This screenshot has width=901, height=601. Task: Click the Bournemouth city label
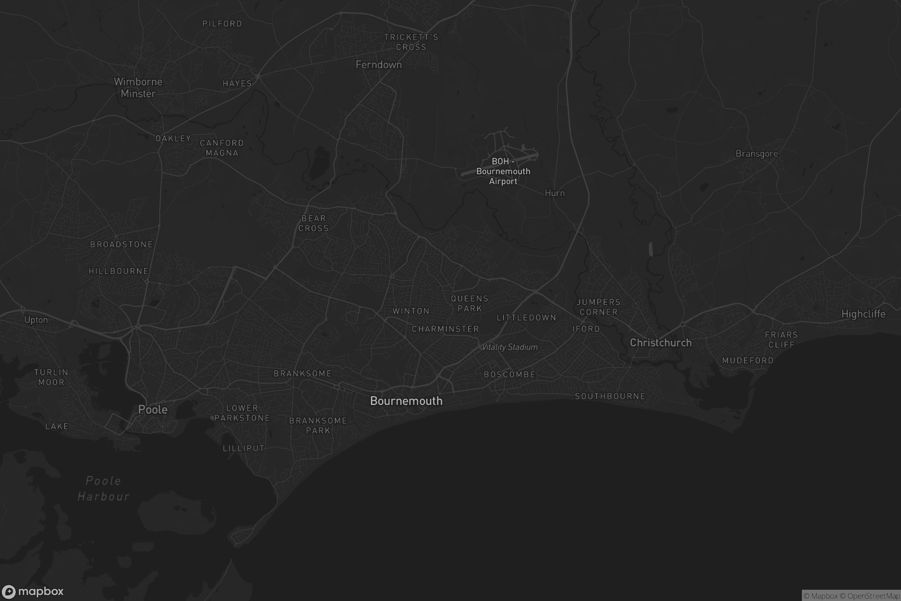click(x=406, y=401)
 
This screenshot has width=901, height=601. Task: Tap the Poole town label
click(x=153, y=409)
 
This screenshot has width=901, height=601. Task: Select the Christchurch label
click(x=661, y=343)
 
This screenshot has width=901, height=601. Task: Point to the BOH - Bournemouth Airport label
click(x=503, y=171)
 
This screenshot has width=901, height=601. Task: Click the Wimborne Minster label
click(x=138, y=88)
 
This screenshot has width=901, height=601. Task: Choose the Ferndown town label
click(x=378, y=65)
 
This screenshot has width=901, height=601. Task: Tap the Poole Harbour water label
click(x=104, y=489)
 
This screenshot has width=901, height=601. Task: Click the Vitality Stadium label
click(x=509, y=347)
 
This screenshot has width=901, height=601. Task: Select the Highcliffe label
click(x=863, y=314)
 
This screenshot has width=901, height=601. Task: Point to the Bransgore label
click(x=756, y=154)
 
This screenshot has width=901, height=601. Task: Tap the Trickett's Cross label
click(x=411, y=42)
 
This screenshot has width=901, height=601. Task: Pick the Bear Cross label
click(x=313, y=223)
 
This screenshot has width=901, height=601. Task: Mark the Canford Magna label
click(x=222, y=148)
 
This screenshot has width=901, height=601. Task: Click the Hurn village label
click(x=555, y=193)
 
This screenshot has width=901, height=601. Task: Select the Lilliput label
click(x=244, y=448)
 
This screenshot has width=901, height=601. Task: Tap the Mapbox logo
click(x=32, y=591)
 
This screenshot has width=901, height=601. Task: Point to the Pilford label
click(x=222, y=24)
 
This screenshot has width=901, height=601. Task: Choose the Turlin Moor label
click(x=51, y=377)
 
